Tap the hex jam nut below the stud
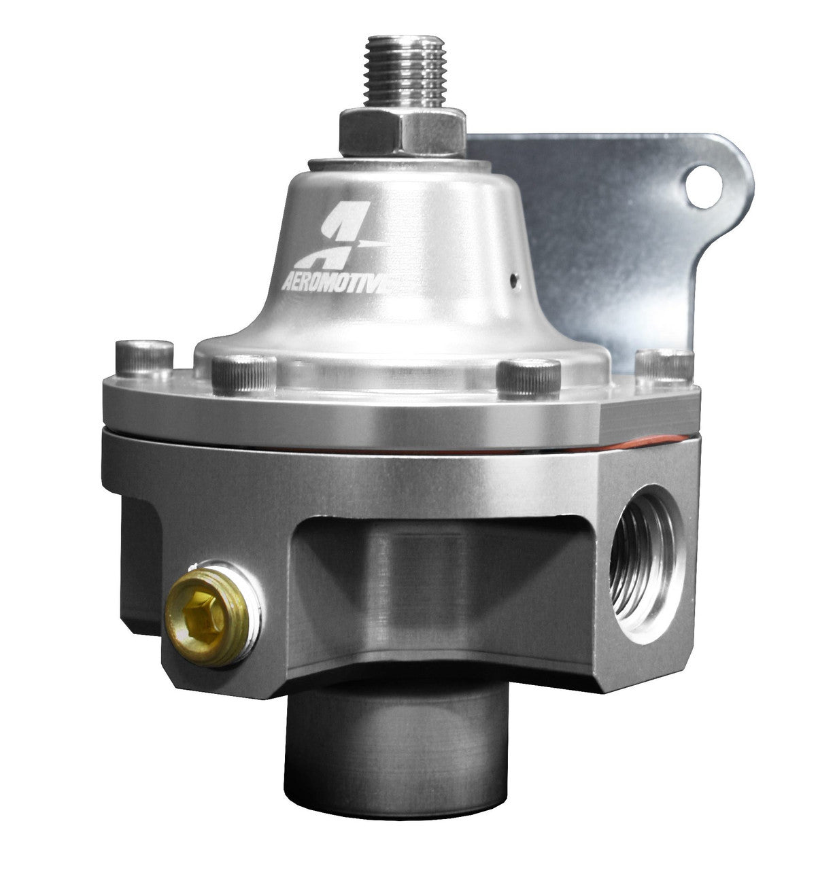tap(403, 133)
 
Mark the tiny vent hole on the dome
tap(515, 277)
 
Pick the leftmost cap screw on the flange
tap(144, 360)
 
